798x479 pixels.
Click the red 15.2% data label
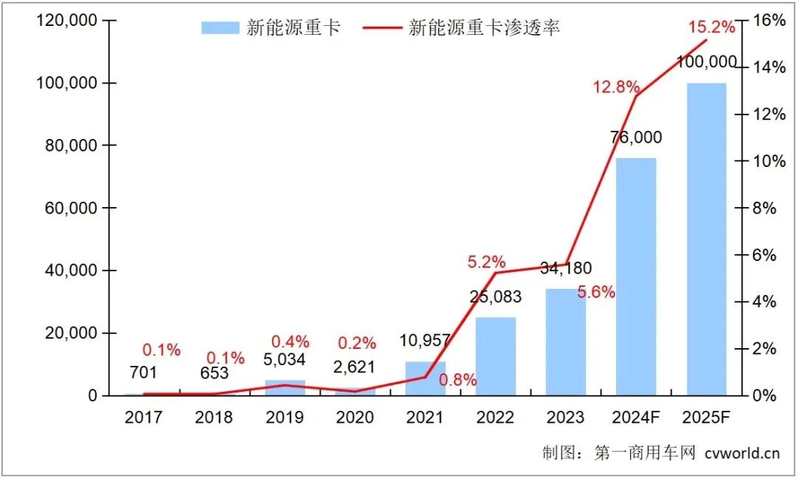[712, 27]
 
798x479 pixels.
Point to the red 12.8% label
[615, 87]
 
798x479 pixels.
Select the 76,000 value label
[636, 137]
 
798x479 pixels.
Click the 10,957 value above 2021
[425, 342]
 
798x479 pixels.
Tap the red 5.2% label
[486, 262]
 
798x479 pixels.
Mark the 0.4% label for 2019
[290, 342]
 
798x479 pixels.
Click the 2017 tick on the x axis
[143, 418]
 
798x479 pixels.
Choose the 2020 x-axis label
[355, 418]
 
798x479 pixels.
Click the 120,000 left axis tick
[66, 21]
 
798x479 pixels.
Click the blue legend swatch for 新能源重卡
[220, 28]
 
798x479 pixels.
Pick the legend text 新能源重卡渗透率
[484, 28]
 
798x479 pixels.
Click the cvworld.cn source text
[742, 453]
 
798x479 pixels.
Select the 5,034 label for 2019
[284, 361]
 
